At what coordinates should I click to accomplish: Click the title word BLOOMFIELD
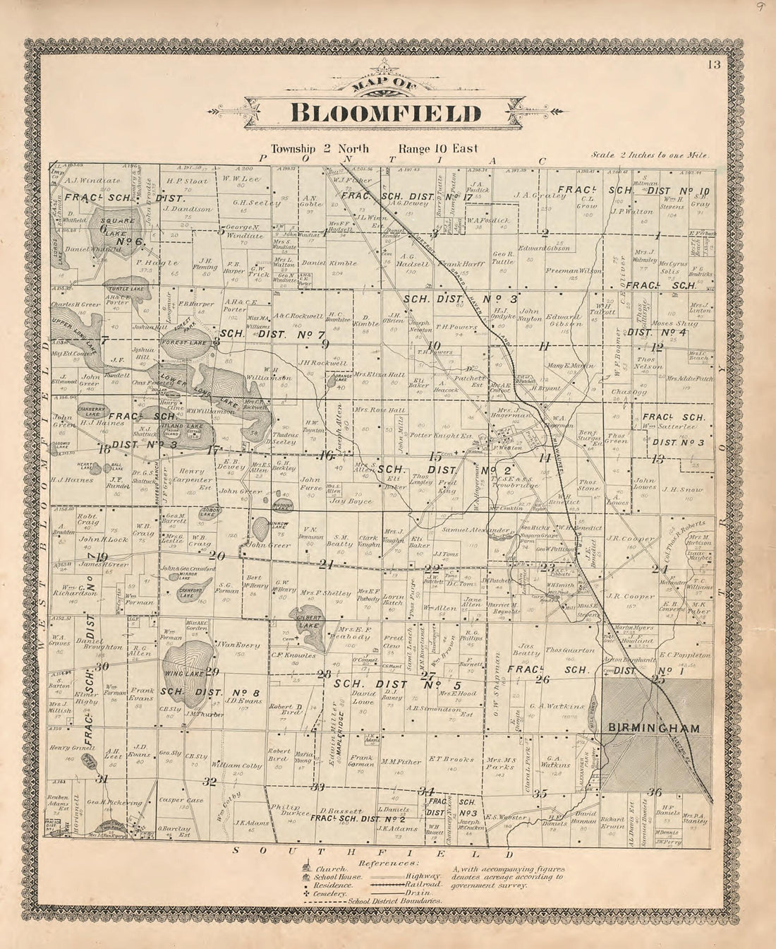pyautogui.click(x=386, y=114)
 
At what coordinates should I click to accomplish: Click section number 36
pyautogui.click(x=655, y=792)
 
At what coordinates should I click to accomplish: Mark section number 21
pyautogui.click(x=325, y=564)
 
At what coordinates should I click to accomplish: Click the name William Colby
pyautogui.click(x=236, y=765)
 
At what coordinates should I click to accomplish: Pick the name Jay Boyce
pyautogui.click(x=350, y=501)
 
